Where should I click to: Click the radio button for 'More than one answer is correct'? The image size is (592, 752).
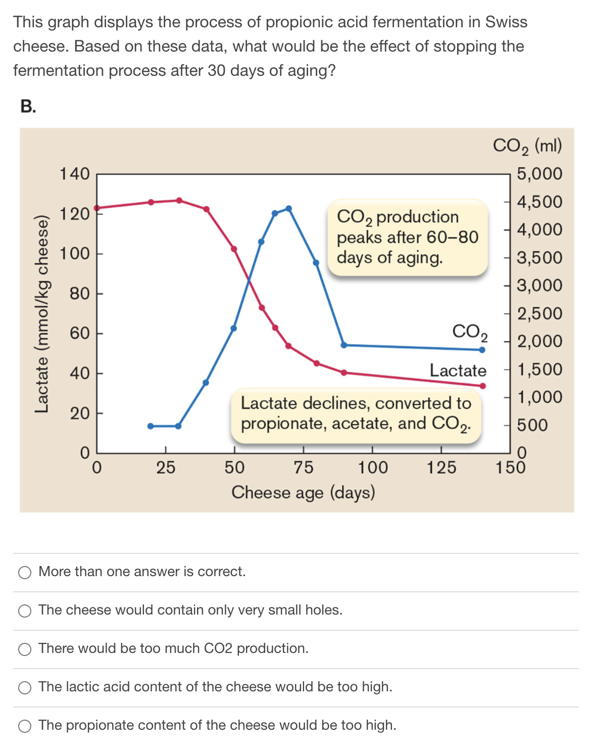25,572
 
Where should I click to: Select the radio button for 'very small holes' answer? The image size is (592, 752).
25,610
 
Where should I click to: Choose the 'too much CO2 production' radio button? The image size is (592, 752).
25,649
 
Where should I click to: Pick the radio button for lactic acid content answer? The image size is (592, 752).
25,687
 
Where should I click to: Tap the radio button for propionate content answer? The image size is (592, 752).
25,726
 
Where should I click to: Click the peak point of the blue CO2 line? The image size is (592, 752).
288,208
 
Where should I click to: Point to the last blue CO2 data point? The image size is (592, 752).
482,350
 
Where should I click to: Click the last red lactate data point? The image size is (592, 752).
483,386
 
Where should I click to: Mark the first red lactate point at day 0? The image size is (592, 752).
97,208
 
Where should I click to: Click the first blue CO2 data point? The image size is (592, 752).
150,426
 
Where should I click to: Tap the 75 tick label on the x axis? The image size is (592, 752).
303,467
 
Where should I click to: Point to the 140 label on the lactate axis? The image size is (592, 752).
74,174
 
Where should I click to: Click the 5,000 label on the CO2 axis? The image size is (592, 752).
539,174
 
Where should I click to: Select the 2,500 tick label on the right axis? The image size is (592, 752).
539,313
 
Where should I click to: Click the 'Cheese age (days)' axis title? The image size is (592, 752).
303,492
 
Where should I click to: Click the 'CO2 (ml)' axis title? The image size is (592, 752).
527,146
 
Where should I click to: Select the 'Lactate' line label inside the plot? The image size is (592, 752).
458,370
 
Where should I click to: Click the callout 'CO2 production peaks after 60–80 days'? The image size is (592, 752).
407,237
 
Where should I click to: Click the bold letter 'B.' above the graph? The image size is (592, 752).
28,106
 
